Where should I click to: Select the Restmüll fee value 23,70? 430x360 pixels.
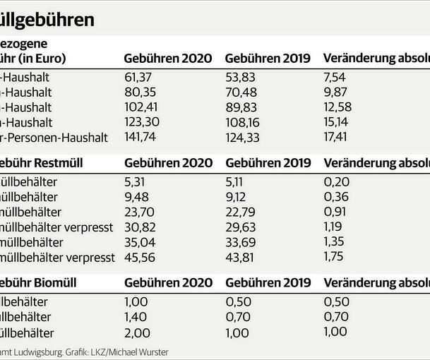[x=138, y=211]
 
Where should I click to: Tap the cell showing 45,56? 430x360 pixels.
[x=138, y=256]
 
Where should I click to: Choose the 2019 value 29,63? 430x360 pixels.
[x=240, y=226]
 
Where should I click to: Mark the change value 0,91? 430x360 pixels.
[x=335, y=211]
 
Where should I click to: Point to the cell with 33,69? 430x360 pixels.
[x=240, y=241]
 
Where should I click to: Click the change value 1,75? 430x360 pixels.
[x=334, y=256]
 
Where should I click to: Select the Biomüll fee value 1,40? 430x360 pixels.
[x=136, y=318]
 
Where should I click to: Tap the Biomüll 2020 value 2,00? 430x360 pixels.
[x=136, y=332]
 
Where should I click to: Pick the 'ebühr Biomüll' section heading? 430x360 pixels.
[x=38, y=282]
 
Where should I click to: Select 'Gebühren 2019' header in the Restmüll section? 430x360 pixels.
[x=268, y=163]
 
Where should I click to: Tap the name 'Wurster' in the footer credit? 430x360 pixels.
[x=154, y=352]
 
